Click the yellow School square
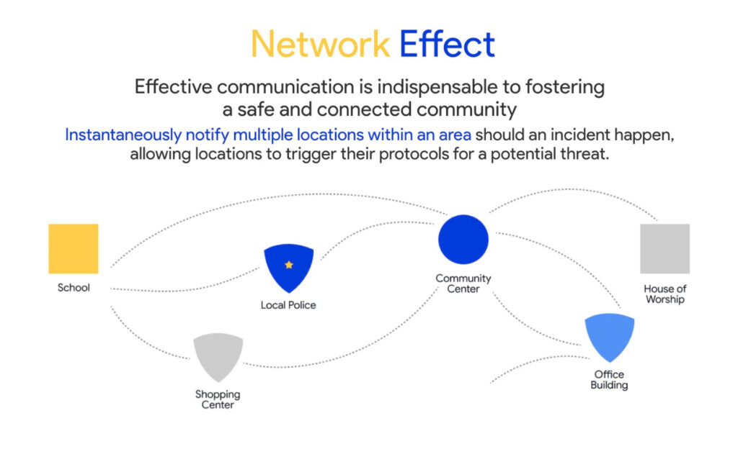[x=74, y=248]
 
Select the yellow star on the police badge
[x=289, y=265]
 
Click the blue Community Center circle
[x=463, y=240]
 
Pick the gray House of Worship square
[x=664, y=248]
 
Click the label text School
[x=74, y=288]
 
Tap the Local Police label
[x=288, y=305]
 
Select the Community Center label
[x=463, y=284]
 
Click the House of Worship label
[x=664, y=294]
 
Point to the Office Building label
[x=609, y=379]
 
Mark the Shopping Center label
[x=218, y=399]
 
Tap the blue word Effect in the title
[x=448, y=45]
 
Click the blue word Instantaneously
[x=125, y=135]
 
